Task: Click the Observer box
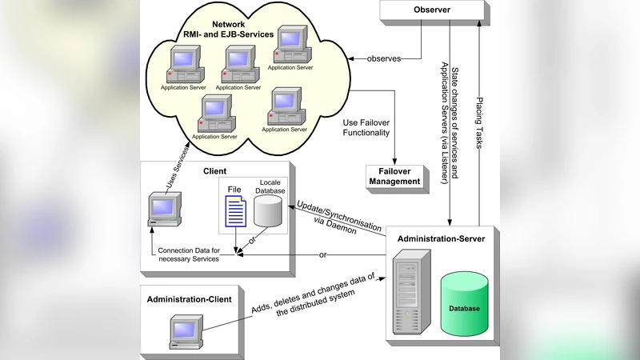click(x=432, y=10)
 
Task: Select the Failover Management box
click(x=394, y=177)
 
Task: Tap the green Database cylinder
click(x=464, y=304)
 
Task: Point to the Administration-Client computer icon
click(x=185, y=333)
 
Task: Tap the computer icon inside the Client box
click(x=165, y=210)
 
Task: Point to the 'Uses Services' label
click(x=178, y=170)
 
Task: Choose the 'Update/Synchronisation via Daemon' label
click(x=339, y=214)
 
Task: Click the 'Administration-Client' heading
click(x=190, y=299)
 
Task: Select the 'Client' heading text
click(x=214, y=171)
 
